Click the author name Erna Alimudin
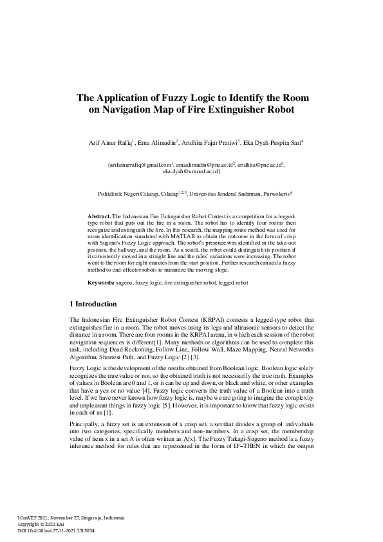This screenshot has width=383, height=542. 157,142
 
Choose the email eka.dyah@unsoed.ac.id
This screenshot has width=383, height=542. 191,172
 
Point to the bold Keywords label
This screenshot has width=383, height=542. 101,283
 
